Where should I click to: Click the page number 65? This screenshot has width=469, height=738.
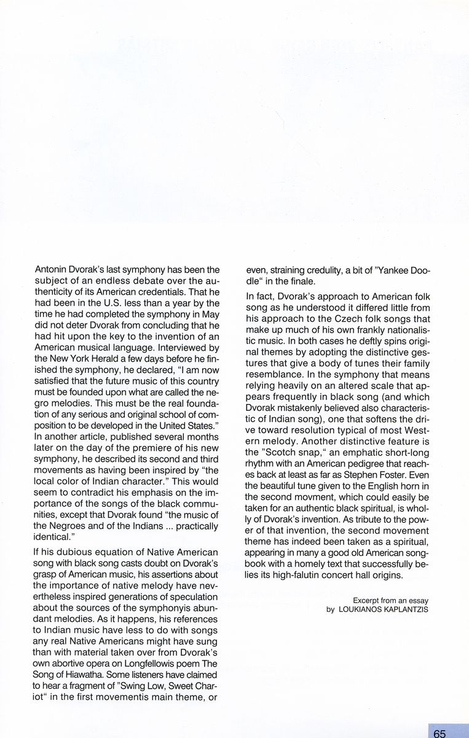tap(439, 733)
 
